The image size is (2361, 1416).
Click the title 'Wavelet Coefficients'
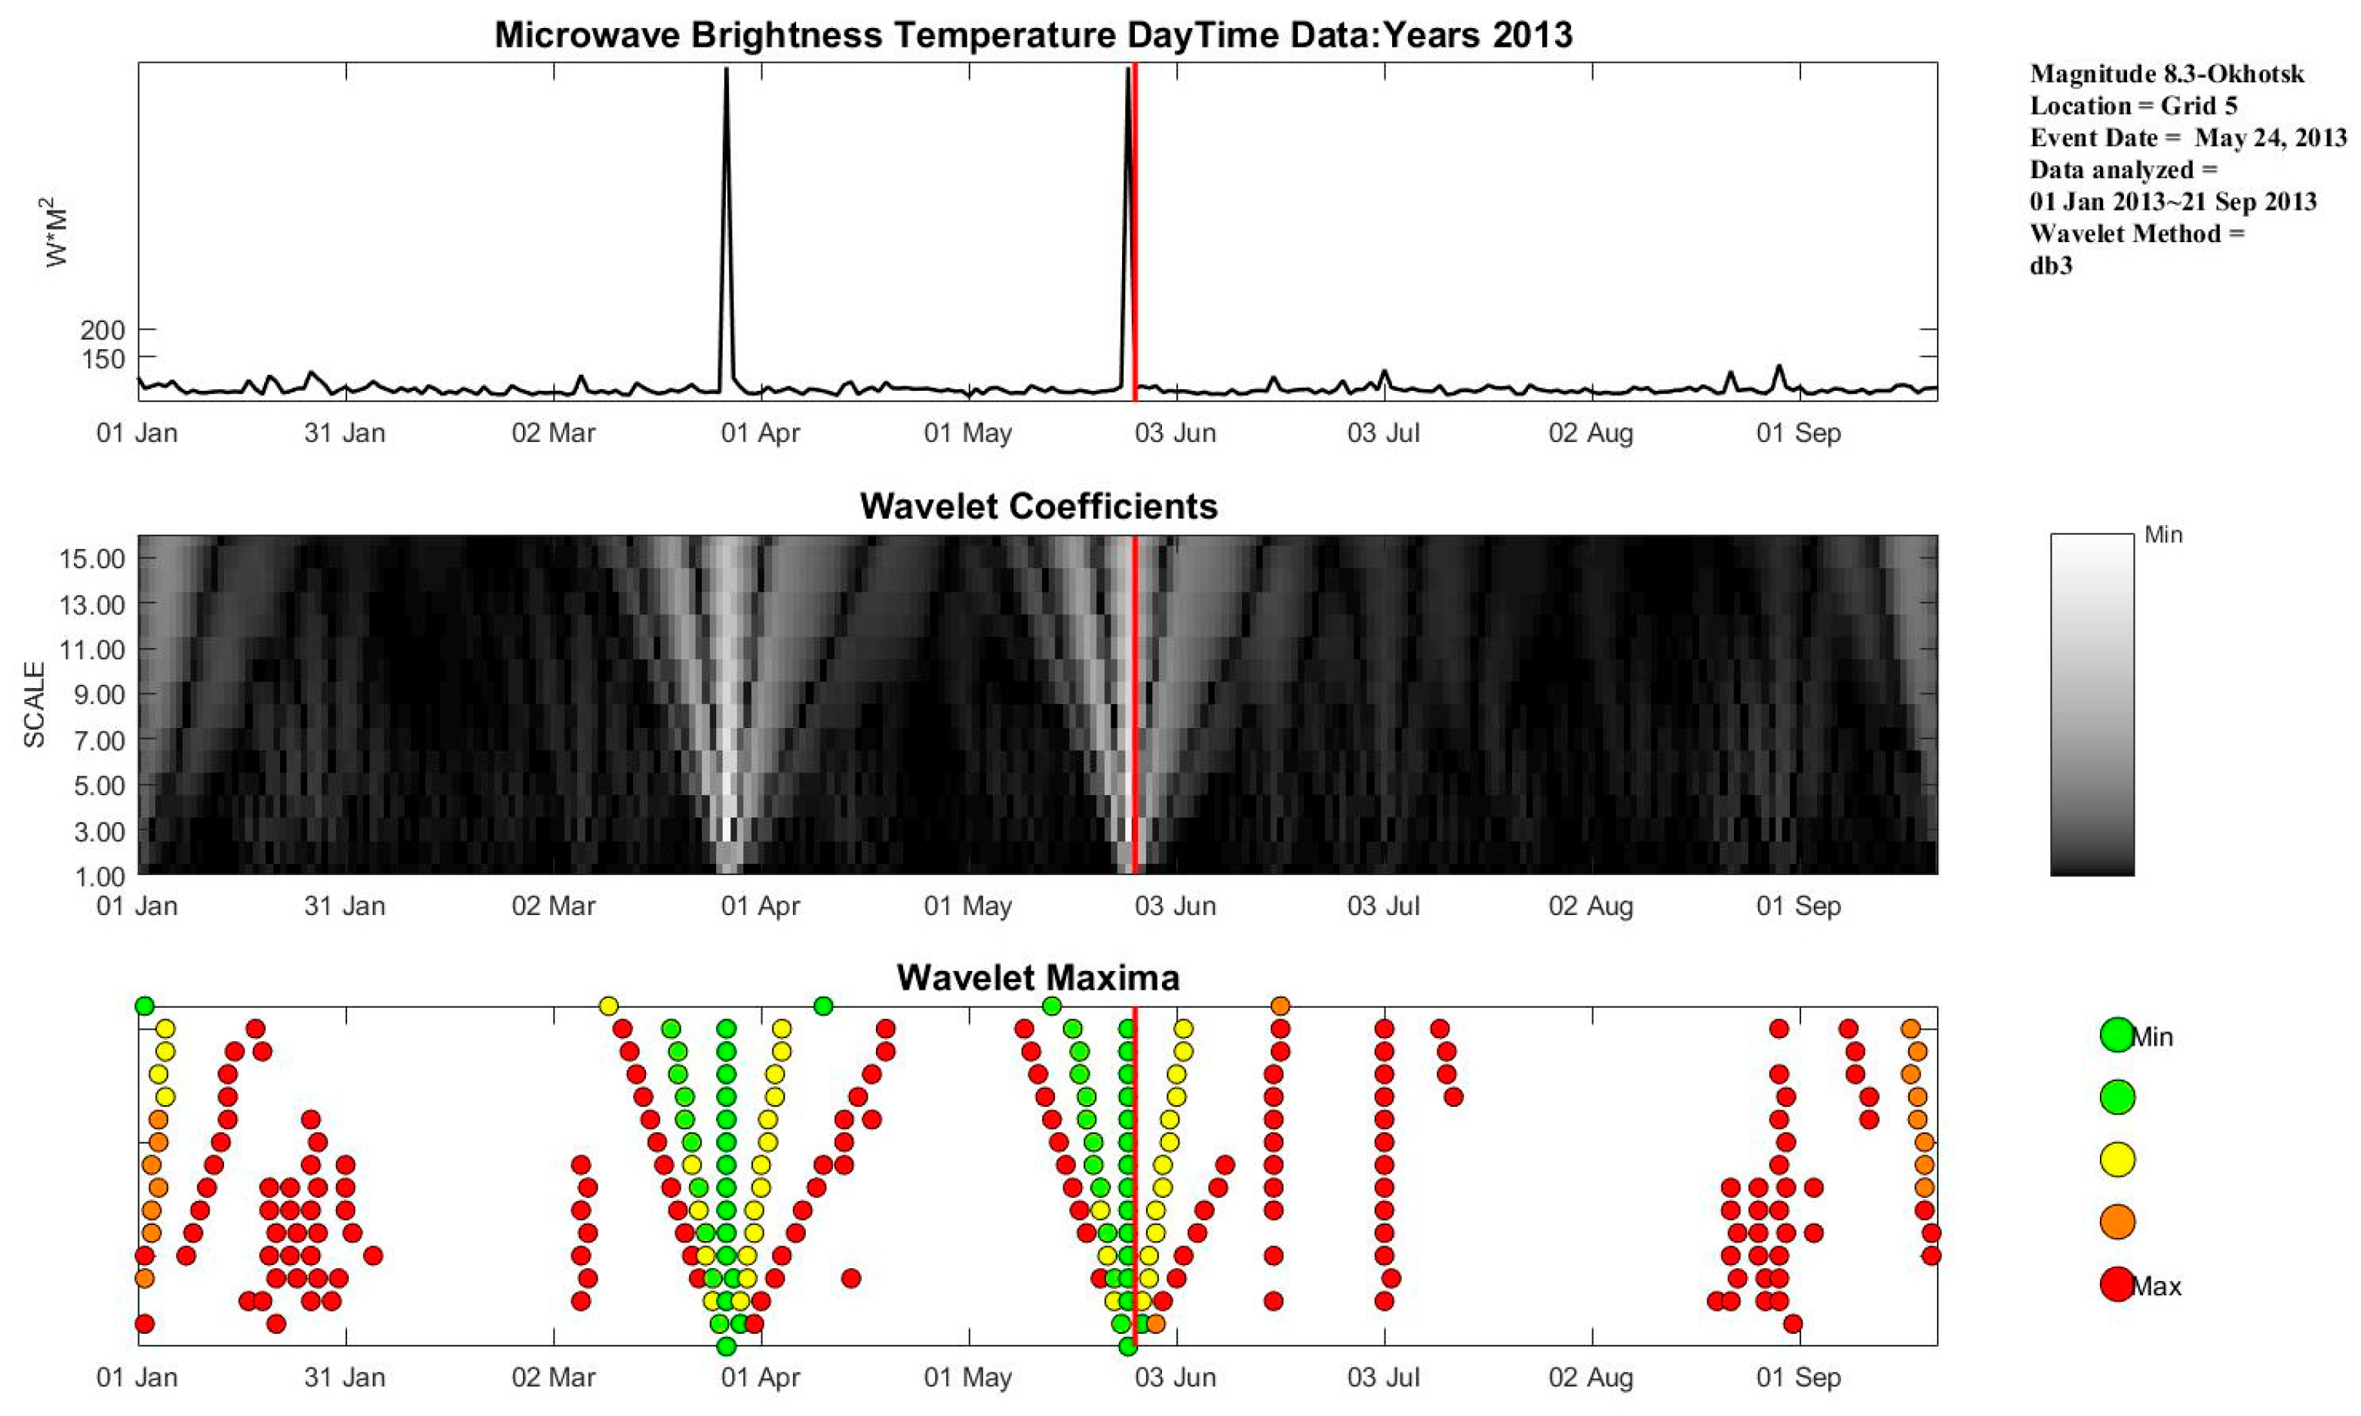1038,505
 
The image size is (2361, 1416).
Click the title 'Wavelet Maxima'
1038,978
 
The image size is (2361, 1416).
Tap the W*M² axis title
57,231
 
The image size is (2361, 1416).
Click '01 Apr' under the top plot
761,433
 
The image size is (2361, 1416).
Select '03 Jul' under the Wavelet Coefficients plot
1383,905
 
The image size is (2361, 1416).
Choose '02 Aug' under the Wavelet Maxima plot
1591,1378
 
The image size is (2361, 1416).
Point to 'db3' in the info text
2051,266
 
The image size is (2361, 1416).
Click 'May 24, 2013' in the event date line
2270,138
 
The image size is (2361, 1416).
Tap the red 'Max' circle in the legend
2117,1284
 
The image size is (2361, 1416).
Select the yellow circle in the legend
2117,1160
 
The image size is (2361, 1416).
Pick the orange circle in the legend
2117,1221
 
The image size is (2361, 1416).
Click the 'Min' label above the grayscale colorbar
2163,536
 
